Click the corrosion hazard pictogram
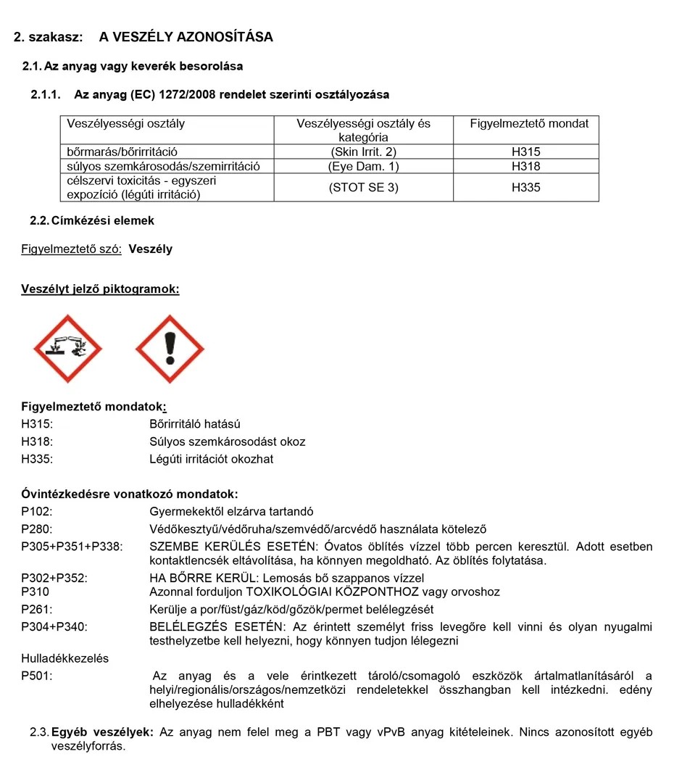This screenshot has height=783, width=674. coord(67,349)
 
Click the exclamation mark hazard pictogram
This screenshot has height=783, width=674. coord(170,349)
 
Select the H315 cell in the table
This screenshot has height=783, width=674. coord(525,152)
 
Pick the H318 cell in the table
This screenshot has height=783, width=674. coord(525,166)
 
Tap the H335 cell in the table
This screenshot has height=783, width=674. coord(525,187)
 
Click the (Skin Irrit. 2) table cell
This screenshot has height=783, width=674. coord(363,152)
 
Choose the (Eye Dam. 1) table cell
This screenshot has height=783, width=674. coord(363,166)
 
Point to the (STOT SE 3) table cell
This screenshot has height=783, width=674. coord(363,187)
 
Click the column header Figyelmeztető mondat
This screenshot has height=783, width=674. coord(529,123)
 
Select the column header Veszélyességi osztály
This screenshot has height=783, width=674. coord(125,123)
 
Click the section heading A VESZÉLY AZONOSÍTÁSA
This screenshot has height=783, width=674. coord(186,37)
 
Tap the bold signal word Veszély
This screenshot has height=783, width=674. coord(151,249)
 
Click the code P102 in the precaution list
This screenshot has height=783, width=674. coord(37,512)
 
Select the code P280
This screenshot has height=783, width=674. coord(37,529)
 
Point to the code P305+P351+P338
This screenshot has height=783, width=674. coord(72,546)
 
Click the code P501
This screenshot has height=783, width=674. coord(37,676)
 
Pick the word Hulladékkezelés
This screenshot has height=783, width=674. coord(65,658)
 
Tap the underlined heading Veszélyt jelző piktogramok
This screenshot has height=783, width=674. coord(100,289)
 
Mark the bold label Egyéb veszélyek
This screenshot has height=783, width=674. coord(102,732)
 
